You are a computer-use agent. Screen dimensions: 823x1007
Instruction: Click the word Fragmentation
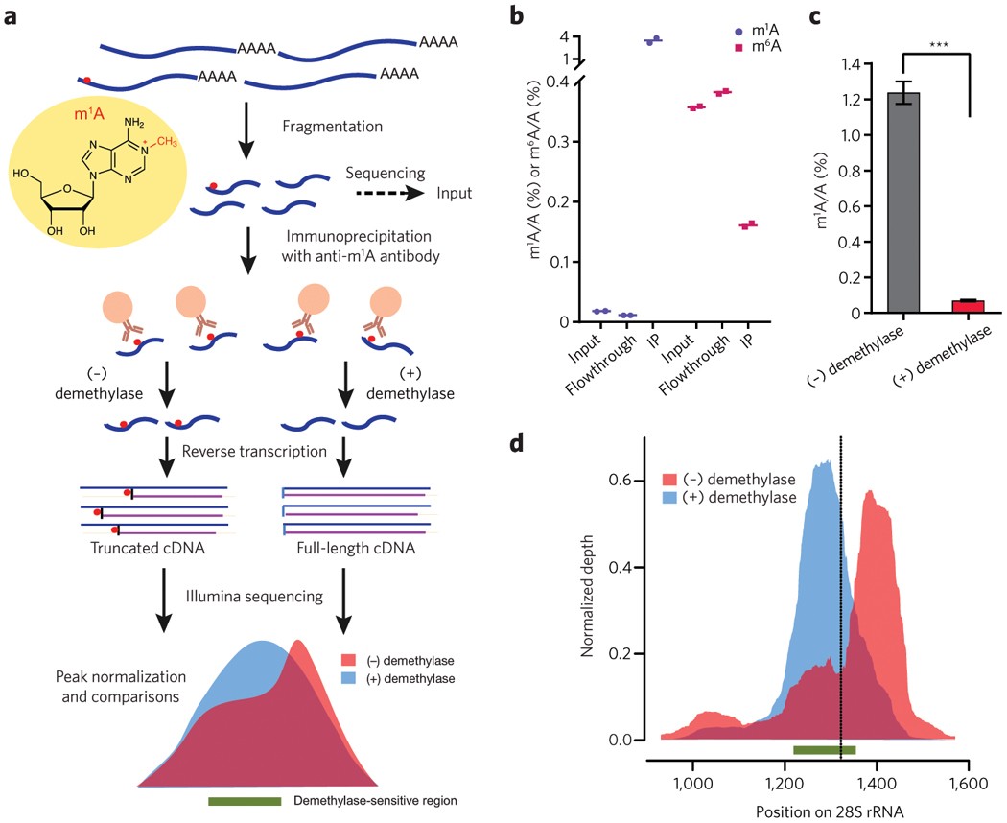[x=328, y=127]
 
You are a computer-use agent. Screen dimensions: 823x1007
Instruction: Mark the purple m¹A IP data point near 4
[x=654, y=40]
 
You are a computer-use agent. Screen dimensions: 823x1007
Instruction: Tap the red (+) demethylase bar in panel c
[x=970, y=307]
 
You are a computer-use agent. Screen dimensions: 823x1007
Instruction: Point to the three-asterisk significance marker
[x=937, y=45]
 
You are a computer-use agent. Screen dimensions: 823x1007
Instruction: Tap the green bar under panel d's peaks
[x=824, y=749]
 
